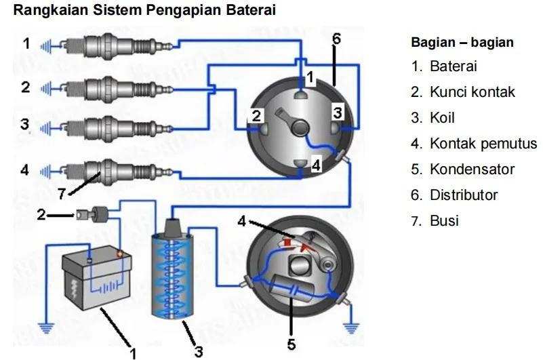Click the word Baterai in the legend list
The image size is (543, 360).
(x=454, y=66)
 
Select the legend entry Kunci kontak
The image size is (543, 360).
(x=472, y=92)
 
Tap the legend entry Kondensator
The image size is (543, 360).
(x=472, y=169)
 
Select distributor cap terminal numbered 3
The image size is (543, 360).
(x=337, y=125)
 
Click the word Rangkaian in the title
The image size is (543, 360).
(x=46, y=12)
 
